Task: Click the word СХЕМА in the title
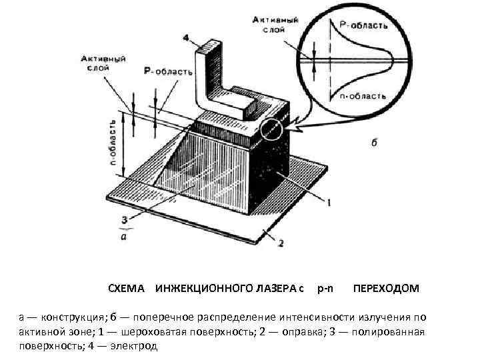126,289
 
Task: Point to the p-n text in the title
326,289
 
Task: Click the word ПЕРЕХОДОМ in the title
386,289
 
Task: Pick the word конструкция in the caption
66,317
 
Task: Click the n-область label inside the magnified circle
363,95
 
